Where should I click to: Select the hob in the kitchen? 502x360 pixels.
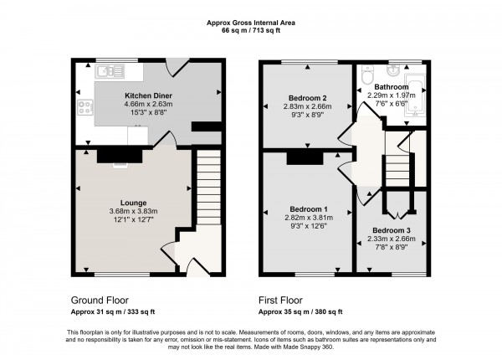point(84,107)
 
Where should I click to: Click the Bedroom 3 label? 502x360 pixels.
point(391,229)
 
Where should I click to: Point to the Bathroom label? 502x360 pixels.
point(391,86)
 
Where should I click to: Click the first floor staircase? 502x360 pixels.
point(397,172)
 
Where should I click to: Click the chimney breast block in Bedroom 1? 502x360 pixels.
point(305,157)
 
